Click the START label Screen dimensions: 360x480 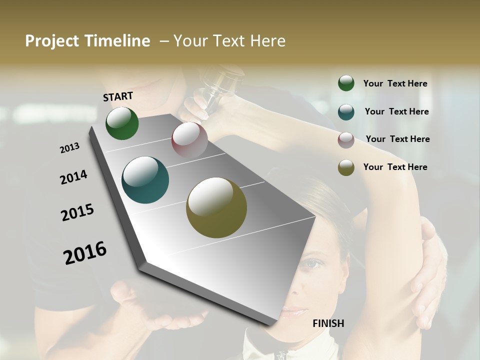pos(118,96)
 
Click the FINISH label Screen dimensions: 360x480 pos(328,323)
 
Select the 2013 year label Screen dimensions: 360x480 pos(70,148)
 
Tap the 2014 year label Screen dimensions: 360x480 pos(73,177)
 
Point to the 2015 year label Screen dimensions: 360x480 pos(77,212)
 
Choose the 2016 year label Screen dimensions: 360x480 pos(85,253)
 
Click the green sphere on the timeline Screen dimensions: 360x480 pos(122,123)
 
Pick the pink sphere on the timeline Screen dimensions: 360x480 pos(189,140)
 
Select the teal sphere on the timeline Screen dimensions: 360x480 pos(145,180)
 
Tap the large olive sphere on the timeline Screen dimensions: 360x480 pos(216,207)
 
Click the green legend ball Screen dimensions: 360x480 pos(346,83)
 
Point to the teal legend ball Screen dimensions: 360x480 pos(346,111)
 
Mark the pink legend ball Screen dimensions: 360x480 pos(346,139)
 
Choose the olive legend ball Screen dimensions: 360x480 pos(346,167)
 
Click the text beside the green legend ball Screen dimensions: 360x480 pos(395,83)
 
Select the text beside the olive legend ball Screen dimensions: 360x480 pos(395,167)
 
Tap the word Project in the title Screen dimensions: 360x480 pos(51,41)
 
